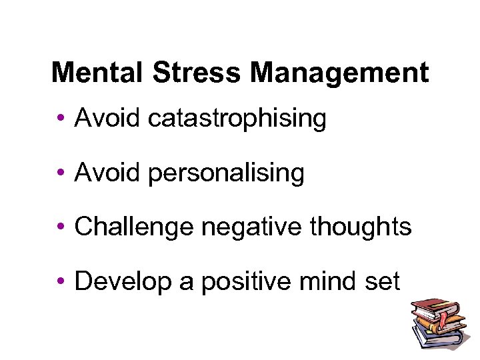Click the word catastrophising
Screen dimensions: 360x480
click(x=237, y=119)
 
